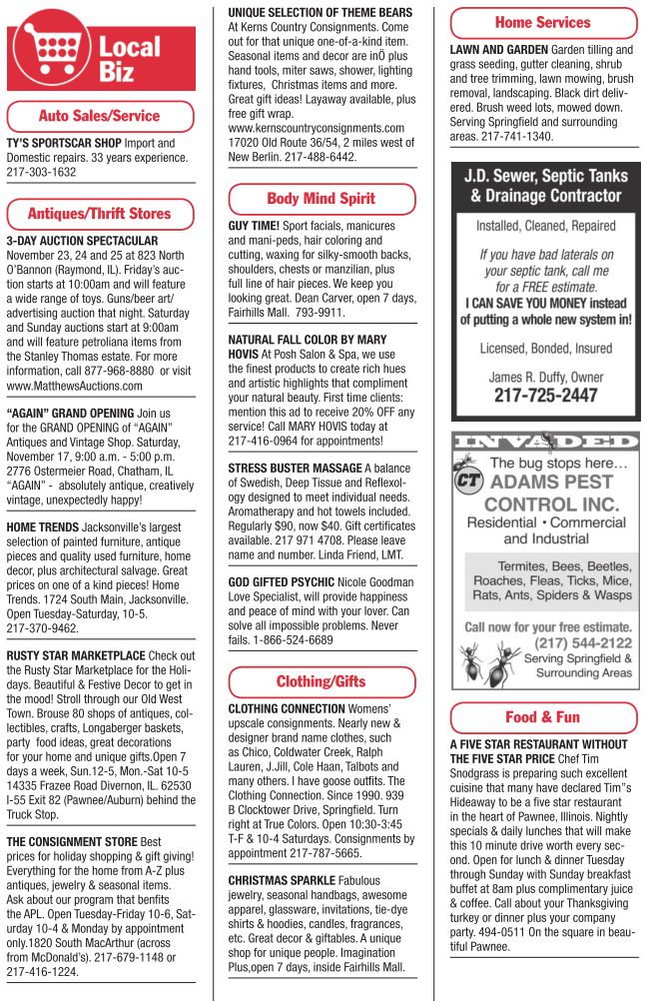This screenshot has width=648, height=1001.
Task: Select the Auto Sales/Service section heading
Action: [99, 115]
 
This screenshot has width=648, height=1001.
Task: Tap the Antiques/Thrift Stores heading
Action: [99, 213]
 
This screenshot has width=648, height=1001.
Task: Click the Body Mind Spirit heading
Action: [321, 199]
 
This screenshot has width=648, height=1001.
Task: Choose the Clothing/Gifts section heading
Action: [321, 682]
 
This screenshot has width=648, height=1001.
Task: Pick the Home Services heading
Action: [542, 22]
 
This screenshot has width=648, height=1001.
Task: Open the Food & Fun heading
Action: [542, 717]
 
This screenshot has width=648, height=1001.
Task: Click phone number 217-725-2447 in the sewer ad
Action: [545, 396]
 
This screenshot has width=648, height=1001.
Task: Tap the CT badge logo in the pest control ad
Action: [468, 481]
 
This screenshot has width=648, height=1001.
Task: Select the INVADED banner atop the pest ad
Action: [545, 441]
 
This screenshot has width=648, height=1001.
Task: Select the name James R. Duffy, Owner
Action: [545, 377]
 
